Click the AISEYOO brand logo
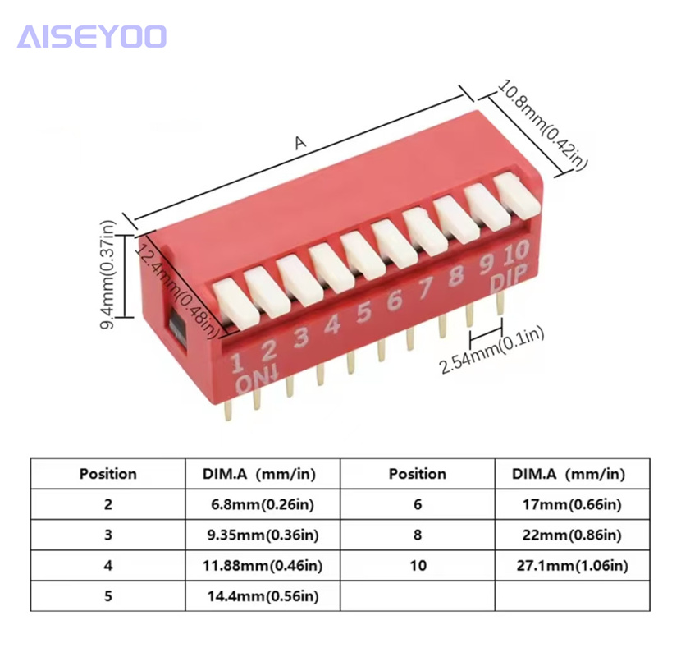(x=91, y=36)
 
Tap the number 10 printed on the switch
(x=514, y=253)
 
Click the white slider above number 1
(x=231, y=298)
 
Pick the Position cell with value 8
(x=418, y=534)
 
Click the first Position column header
(x=107, y=473)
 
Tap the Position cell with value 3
(x=107, y=534)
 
